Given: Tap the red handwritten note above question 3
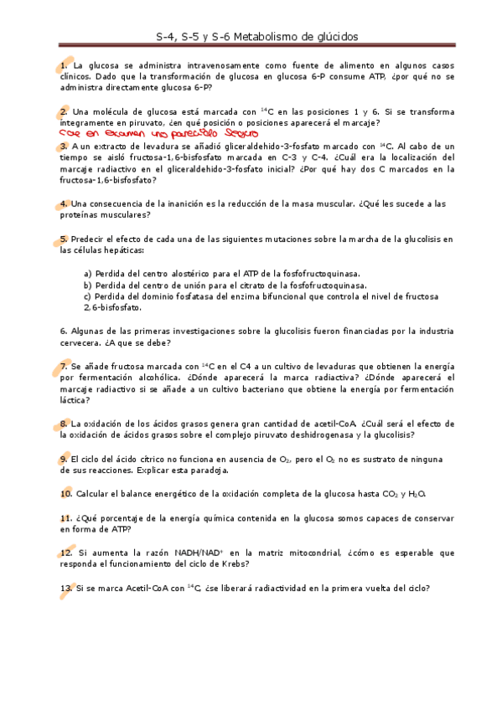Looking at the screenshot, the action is pos(159,132).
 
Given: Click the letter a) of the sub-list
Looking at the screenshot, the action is pos(87,273).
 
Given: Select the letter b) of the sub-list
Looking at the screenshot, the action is pos(87,285).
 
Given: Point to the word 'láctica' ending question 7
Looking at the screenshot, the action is pos(75,400).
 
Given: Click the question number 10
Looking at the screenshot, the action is pos(65,494).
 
